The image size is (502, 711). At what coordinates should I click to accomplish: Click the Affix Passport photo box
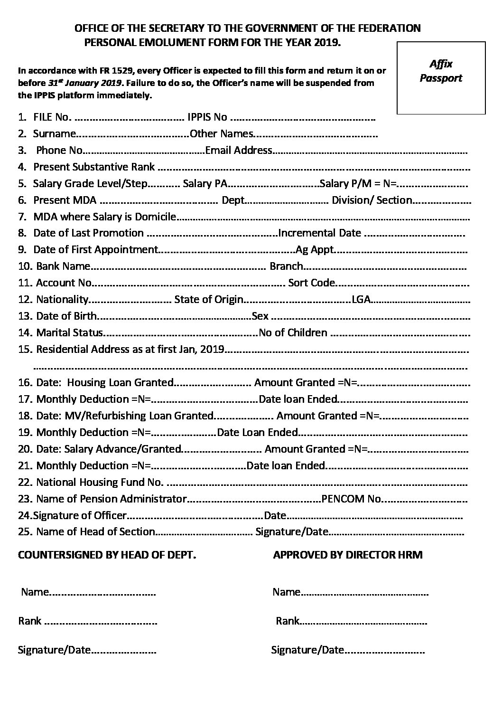[441, 78]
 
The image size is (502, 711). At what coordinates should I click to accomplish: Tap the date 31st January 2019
[85, 83]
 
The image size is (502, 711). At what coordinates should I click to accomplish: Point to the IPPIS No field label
[207, 117]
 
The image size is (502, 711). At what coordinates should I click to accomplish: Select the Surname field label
[54, 134]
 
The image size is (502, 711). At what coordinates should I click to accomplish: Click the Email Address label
[239, 151]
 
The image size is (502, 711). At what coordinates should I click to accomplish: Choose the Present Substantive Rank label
[94, 167]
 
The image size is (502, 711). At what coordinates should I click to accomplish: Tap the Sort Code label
[311, 283]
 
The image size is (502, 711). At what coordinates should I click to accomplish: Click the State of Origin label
[209, 300]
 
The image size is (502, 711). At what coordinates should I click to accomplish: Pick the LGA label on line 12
[361, 300]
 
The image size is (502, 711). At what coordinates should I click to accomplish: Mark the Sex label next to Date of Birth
[260, 316]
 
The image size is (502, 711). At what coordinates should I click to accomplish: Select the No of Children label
[293, 333]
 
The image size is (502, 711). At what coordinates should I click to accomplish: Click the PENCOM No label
[352, 499]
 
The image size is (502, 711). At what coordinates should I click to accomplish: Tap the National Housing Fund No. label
[100, 483]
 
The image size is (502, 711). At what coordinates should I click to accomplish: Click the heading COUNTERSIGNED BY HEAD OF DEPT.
[107, 555]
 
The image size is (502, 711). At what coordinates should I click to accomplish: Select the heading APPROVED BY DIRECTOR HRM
[347, 555]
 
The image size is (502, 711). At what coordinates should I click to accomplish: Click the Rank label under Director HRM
[288, 621]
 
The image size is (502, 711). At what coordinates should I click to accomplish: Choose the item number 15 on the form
[25, 350]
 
